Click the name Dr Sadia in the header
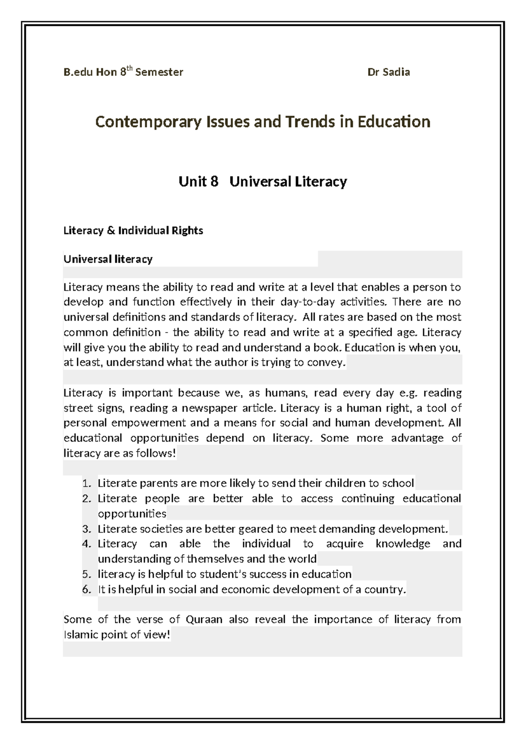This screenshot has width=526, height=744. (388, 72)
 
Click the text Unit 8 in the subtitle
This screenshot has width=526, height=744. (198, 182)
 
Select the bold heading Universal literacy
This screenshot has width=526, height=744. (108, 259)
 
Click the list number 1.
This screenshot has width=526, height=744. (86, 484)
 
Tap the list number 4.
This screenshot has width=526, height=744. (86, 544)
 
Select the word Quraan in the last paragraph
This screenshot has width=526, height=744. (204, 620)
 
